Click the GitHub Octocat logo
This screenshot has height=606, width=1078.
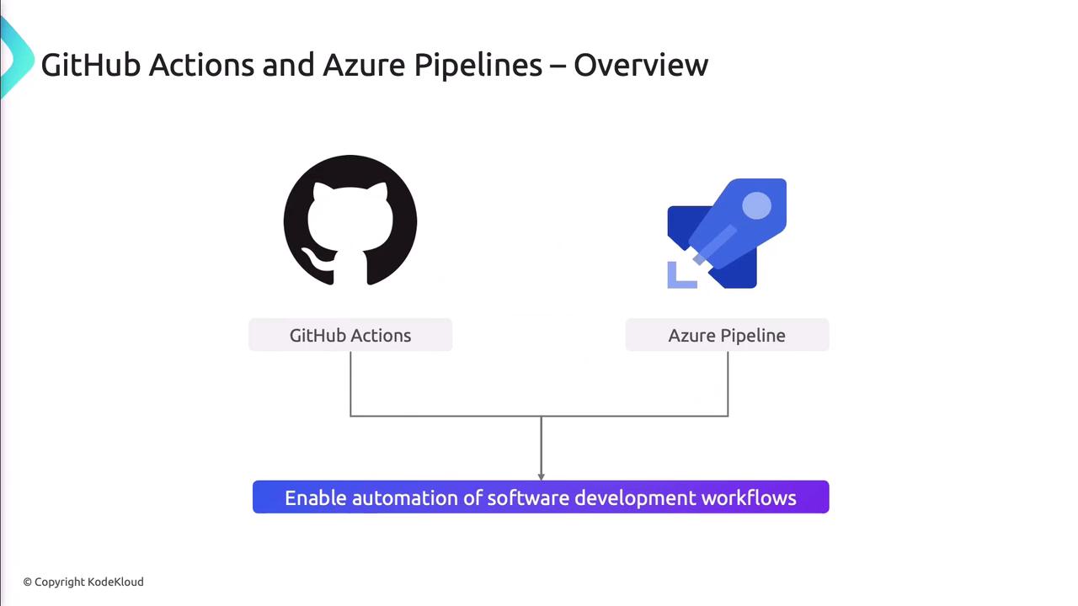click(350, 221)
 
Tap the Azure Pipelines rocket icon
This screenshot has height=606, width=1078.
click(727, 233)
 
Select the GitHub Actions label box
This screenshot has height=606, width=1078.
click(350, 335)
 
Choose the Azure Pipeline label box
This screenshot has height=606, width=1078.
click(727, 335)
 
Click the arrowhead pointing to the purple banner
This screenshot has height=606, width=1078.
click(541, 476)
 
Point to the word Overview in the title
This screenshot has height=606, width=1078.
click(641, 65)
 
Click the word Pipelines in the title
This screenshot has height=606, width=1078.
click(478, 65)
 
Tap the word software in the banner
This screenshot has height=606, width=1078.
click(528, 497)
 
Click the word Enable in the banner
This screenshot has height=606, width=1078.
click(315, 497)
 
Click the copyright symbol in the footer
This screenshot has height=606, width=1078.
click(28, 582)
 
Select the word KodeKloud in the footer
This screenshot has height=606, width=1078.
click(115, 582)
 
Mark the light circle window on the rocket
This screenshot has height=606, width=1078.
click(756, 205)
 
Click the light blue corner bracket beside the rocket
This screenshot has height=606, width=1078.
click(679, 277)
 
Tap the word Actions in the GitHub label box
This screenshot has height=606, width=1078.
click(381, 335)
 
